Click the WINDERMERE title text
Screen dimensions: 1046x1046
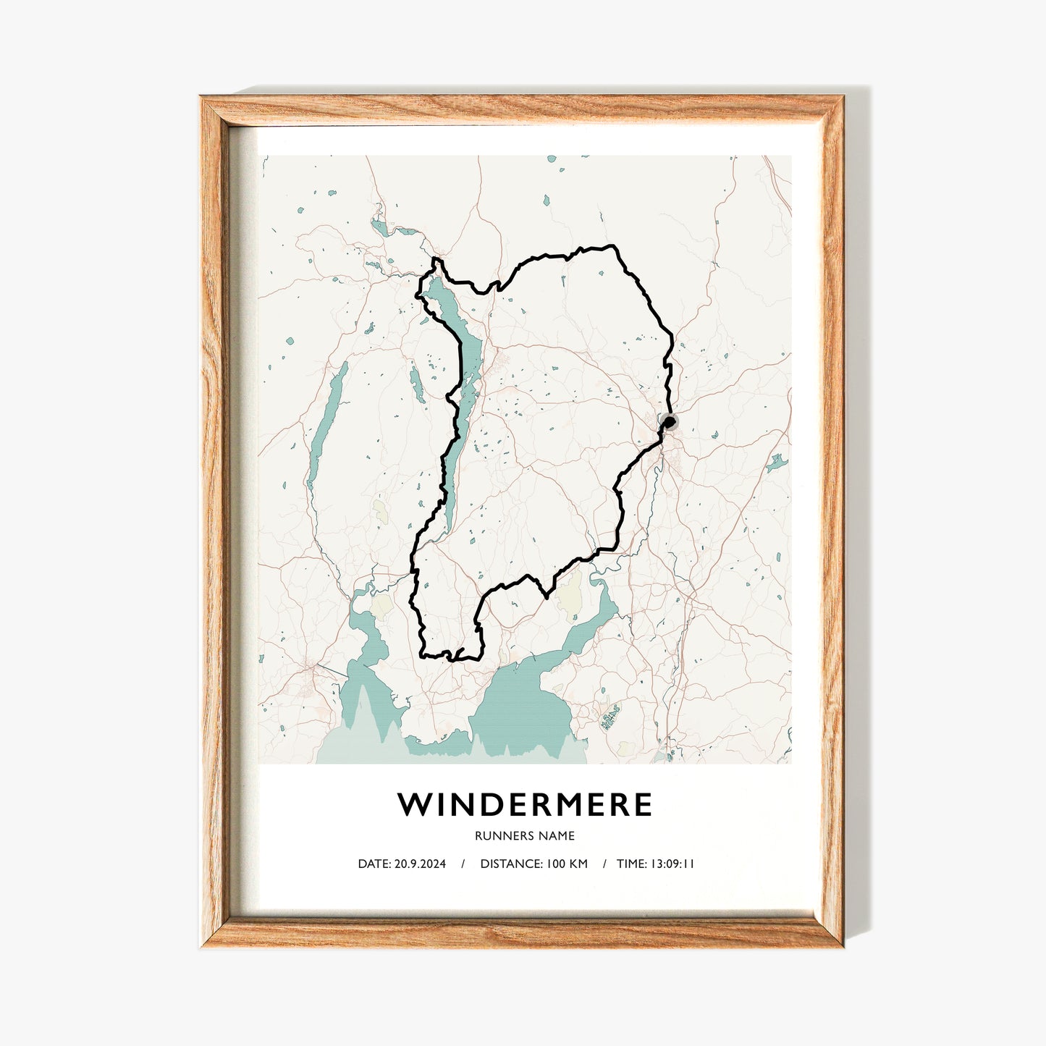tap(525, 805)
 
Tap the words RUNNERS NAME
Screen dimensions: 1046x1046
tap(525, 835)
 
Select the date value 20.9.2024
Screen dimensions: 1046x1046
tap(420, 864)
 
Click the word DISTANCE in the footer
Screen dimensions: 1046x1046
tap(510, 864)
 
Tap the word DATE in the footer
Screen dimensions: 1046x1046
tap(374, 864)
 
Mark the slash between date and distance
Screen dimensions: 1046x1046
tap(463, 864)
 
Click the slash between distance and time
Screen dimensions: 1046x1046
tap(604, 864)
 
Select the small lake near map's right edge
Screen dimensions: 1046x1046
tap(777, 461)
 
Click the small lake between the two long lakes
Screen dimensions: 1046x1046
tap(417, 384)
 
